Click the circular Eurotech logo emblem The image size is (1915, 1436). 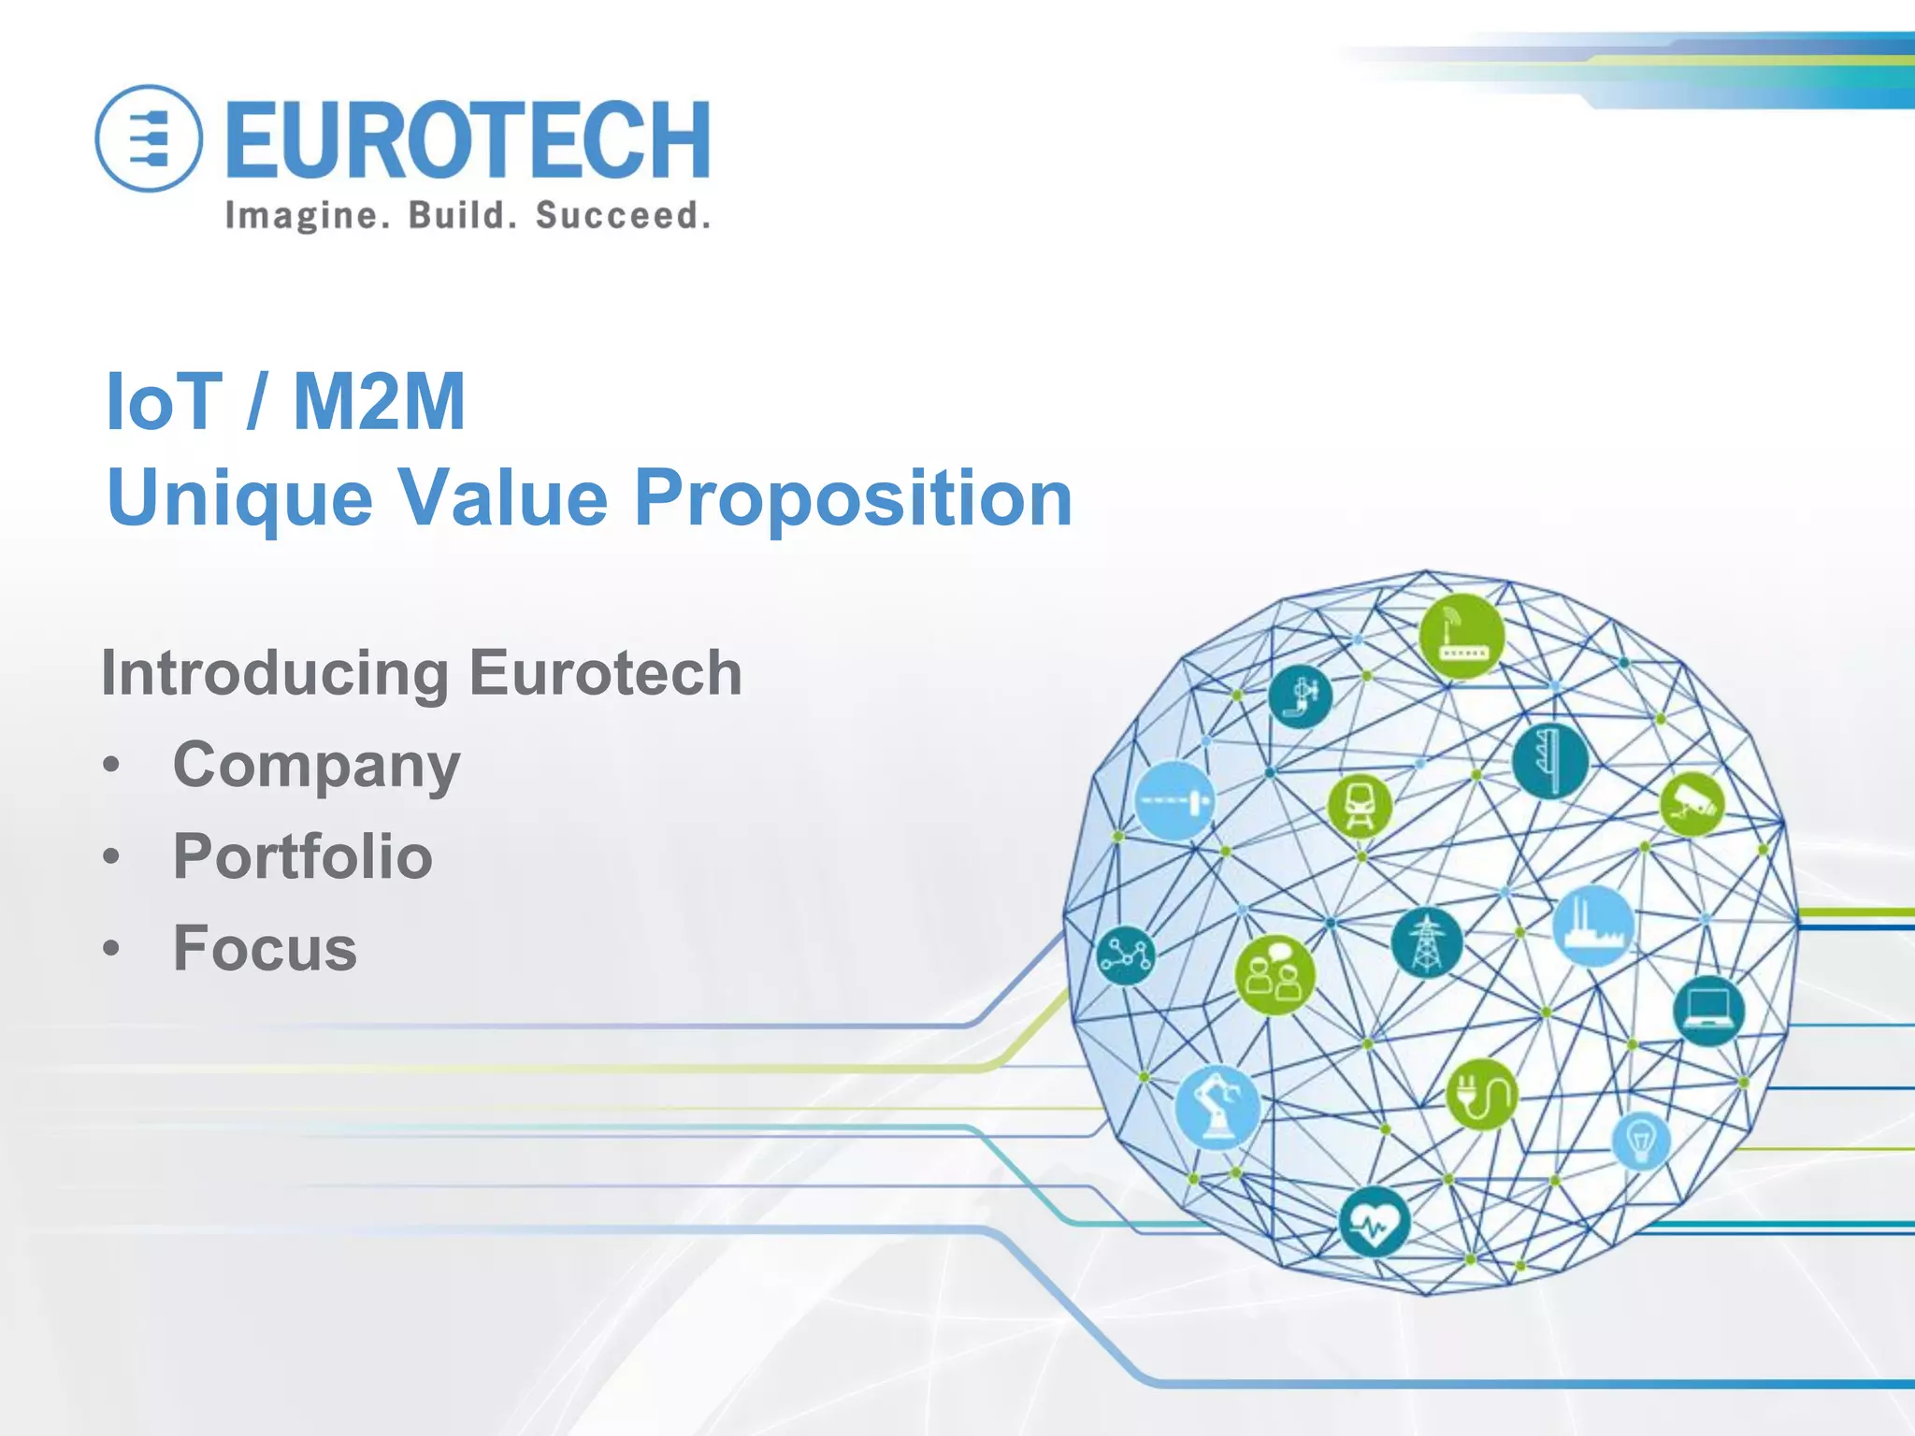(x=149, y=138)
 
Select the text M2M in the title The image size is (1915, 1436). (x=379, y=402)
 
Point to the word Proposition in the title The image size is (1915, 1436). (x=853, y=498)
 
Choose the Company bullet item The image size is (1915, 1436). (x=316, y=766)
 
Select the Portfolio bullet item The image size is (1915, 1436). (x=303, y=856)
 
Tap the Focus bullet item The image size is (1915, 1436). (x=266, y=948)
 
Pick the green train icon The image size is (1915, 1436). (x=1360, y=805)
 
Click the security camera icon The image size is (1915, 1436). (x=1692, y=803)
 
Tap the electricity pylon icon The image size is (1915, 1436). (x=1426, y=941)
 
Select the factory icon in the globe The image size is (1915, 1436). (x=1593, y=926)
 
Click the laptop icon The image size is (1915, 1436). (x=1708, y=1011)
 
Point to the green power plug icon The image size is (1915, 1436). (x=1482, y=1094)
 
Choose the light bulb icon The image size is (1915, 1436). (x=1641, y=1141)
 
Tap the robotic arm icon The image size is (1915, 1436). (x=1217, y=1108)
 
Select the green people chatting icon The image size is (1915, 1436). (x=1274, y=974)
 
